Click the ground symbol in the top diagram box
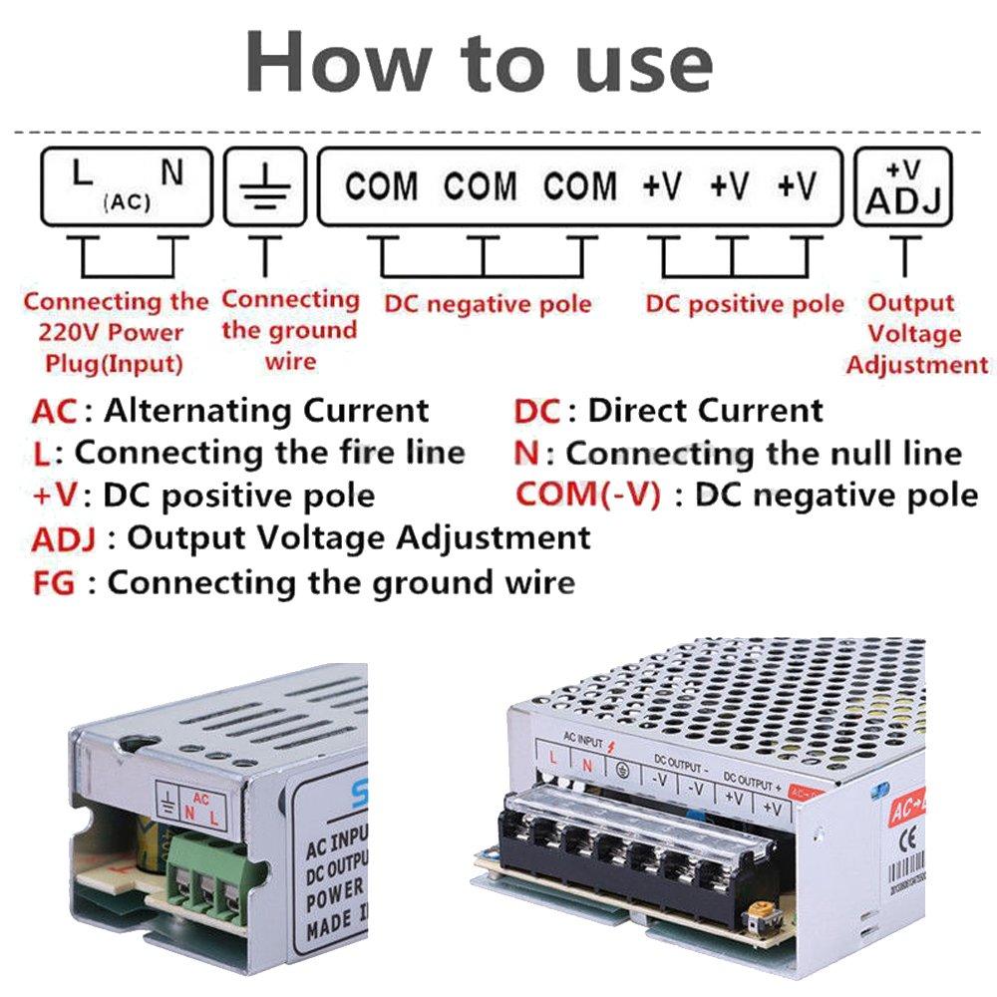(x=264, y=185)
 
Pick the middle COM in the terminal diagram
(x=481, y=186)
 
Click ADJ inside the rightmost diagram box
(x=903, y=200)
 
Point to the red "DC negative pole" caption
(x=488, y=304)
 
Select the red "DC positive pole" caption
(x=744, y=304)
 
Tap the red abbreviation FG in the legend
(x=53, y=582)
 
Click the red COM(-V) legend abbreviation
(x=588, y=495)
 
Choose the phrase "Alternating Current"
(x=266, y=410)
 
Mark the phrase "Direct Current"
(x=706, y=410)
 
